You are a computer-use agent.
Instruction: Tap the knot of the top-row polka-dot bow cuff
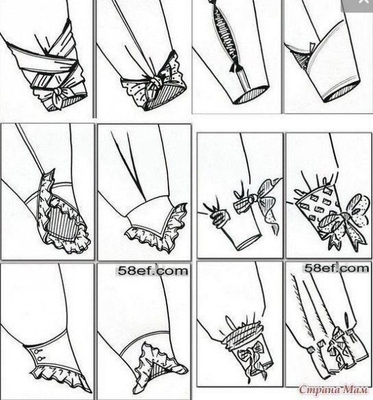(x=155, y=82)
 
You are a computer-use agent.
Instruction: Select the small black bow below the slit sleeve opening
(x=236, y=67)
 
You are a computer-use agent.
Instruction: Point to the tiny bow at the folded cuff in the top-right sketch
(x=311, y=48)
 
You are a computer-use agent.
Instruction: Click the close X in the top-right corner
(x=363, y=2)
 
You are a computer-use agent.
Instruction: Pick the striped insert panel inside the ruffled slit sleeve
(x=61, y=224)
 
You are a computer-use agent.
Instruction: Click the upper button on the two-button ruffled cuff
(x=36, y=352)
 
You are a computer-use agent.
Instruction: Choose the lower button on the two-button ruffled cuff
(x=40, y=359)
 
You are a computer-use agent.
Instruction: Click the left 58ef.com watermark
(x=153, y=271)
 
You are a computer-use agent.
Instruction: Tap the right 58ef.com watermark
(x=337, y=268)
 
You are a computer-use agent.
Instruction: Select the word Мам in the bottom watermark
(x=355, y=390)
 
